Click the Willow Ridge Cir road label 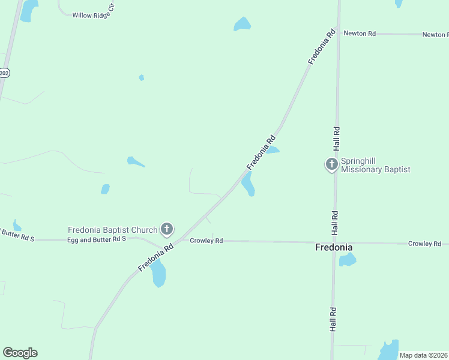click(x=92, y=15)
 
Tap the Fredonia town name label click(x=334, y=247)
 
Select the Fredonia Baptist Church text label click(x=112, y=230)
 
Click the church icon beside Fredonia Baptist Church click(x=167, y=229)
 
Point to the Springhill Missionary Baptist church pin click(x=331, y=164)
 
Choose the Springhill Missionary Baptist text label click(x=375, y=166)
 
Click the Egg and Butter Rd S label click(x=96, y=239)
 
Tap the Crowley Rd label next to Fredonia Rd click(x=206, y=241)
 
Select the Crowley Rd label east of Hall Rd click(x=424, y=244)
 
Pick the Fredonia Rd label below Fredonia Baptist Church click(x=155, y=256)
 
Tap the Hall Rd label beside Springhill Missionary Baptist click(x=337, y=137)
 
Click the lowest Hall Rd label click(x=333, y=319)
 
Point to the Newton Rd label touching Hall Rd click(x=360, y=34)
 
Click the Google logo click(x=20, y=353)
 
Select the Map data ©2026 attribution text click(x=423, y=355)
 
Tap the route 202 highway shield click(x=4, y=73)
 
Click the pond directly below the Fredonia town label click(x=347, y=260)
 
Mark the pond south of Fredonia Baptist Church click(x=158, y=274)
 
